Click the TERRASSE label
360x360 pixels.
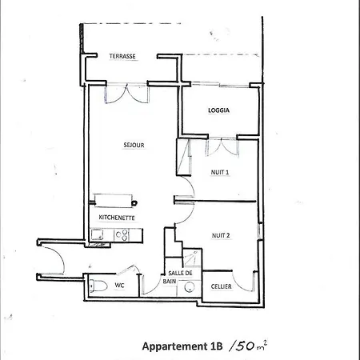122,56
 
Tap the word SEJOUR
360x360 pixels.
134,145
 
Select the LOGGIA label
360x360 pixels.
218,110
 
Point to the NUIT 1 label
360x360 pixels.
220,172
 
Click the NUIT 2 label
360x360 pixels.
221,235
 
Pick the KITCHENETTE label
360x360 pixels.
117,218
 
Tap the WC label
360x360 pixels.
119,285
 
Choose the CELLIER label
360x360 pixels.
221,286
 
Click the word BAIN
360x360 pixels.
170,282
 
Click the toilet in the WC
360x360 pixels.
98,286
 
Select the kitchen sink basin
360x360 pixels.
97,234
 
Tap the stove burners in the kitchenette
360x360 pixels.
122,235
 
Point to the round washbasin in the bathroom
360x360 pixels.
190,287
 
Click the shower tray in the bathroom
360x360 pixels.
192,258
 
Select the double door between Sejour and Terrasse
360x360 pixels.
127,93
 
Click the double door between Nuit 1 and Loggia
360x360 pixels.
222,146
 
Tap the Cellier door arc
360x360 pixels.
242,282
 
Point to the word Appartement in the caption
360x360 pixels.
174,346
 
